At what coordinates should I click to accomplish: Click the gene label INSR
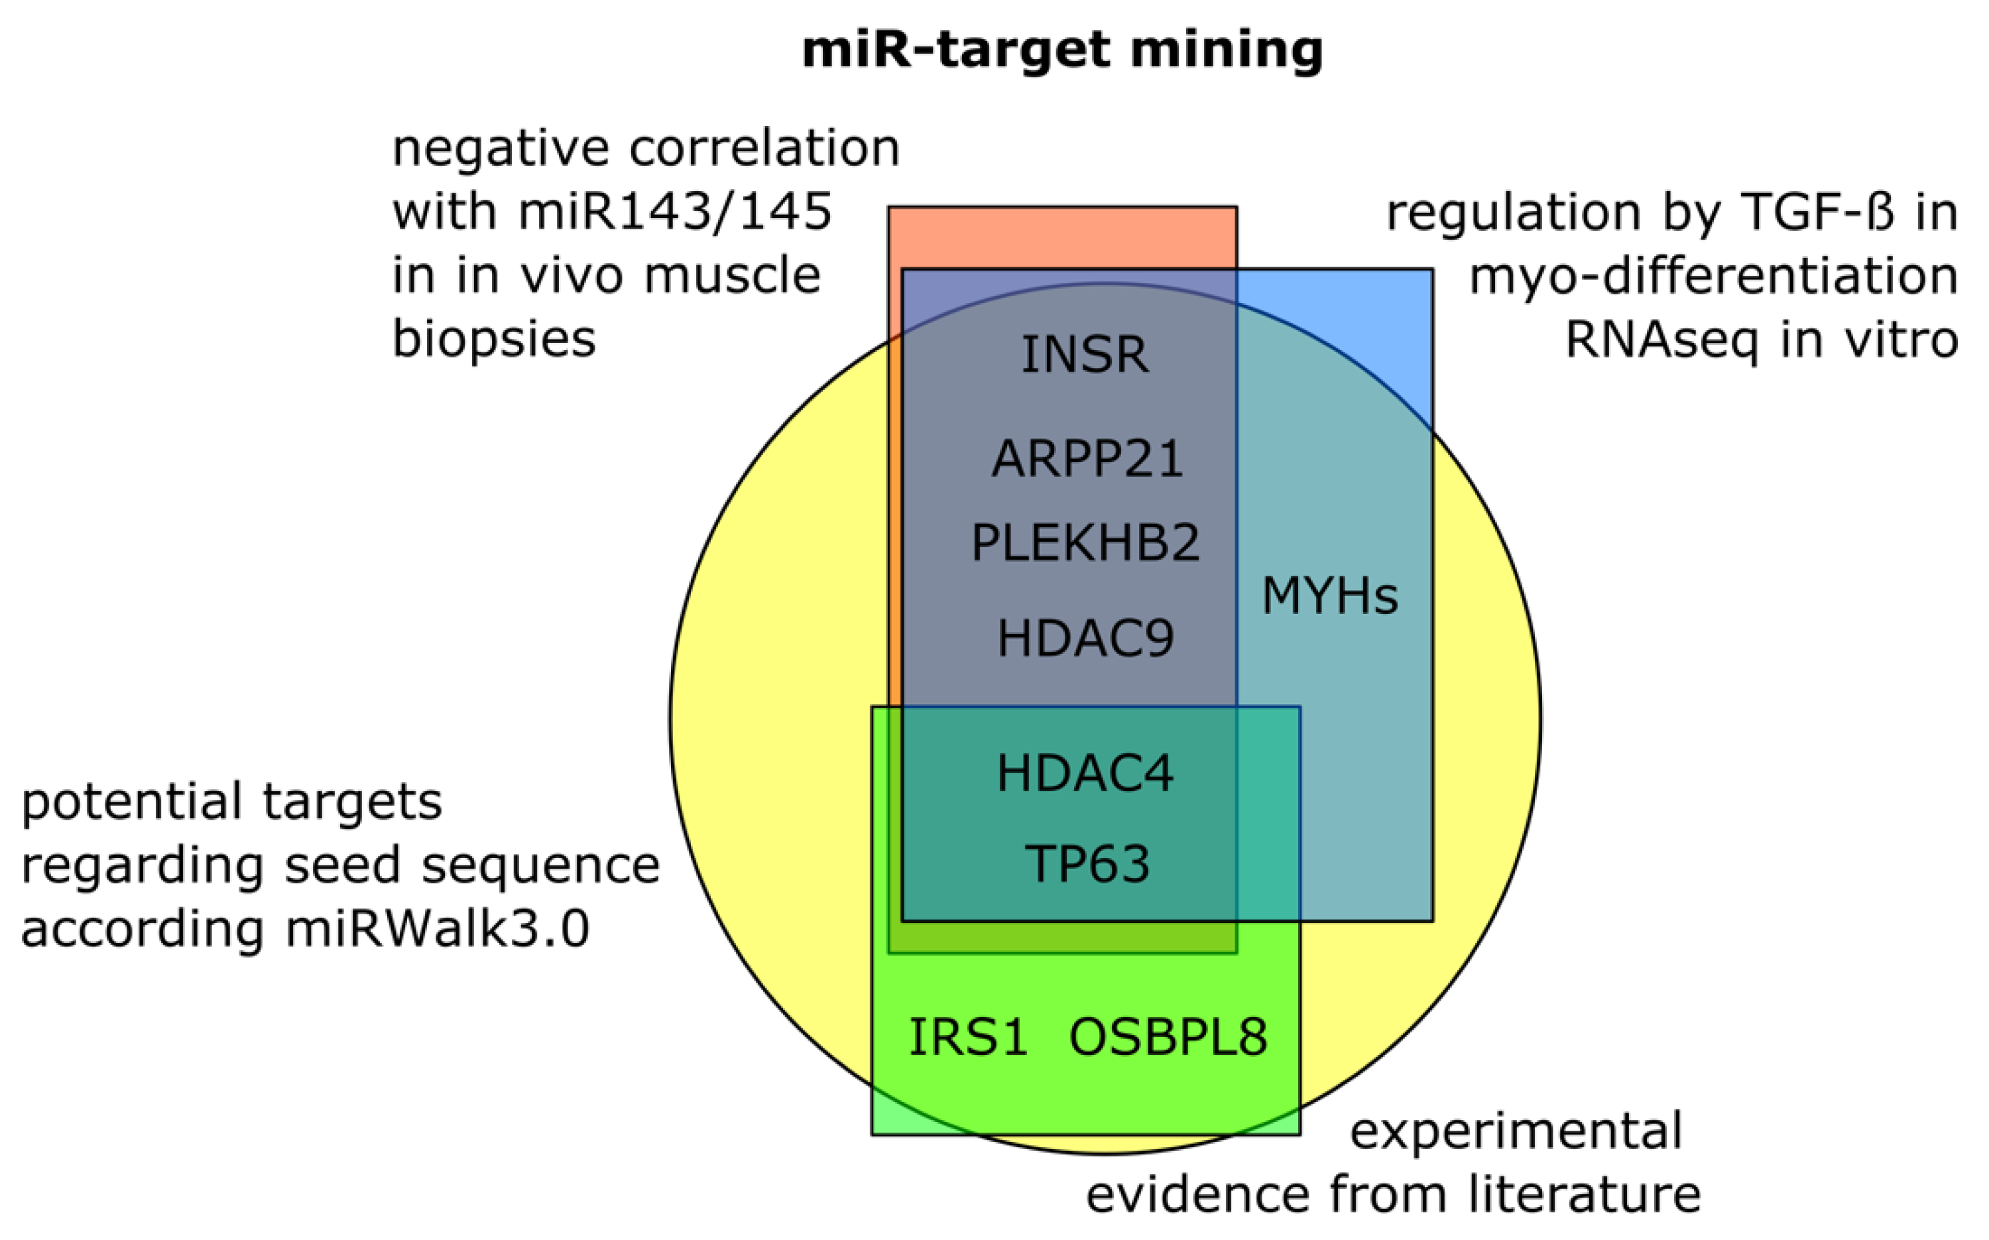pos(1084,355)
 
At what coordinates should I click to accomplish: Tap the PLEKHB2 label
pos(1085,543)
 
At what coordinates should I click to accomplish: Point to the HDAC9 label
pos(1085,638)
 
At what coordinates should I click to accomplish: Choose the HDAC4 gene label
pos(1085,773)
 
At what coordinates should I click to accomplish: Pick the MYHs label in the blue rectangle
pos(1329,595)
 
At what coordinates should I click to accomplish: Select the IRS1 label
pos(968,1036)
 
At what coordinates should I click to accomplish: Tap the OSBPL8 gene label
pos(1168,1036)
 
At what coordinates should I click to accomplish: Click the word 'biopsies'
pos(493,339)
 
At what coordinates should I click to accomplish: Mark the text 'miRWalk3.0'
pos(437,930)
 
